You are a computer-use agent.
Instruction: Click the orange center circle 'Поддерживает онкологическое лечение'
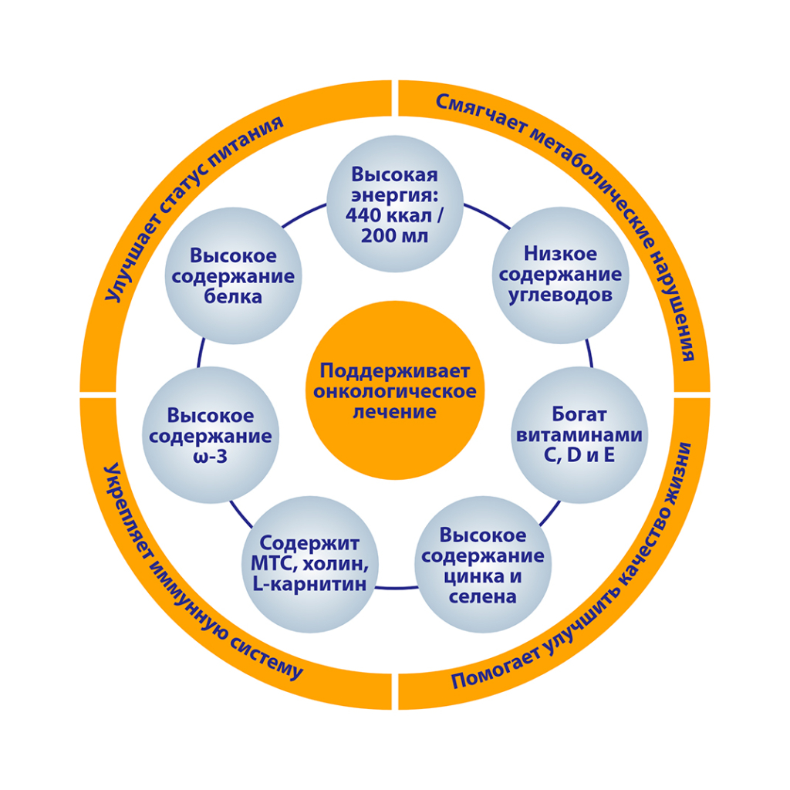tap(394, 390)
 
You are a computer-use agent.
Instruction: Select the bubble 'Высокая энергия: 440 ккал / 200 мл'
tap(394, 204)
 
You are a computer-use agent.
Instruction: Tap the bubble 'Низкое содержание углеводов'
tap(560, 275)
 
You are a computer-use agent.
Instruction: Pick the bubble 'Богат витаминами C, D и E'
tap(579, 434)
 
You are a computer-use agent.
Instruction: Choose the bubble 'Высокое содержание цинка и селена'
tap(483, 564)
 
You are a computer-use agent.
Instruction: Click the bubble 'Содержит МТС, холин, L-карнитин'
tap(310, 564)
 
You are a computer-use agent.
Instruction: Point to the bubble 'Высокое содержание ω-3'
tap(211, 435)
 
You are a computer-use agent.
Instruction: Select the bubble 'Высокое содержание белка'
tap(233, 275)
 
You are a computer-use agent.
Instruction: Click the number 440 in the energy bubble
tap(364, 216)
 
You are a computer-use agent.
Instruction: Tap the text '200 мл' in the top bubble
tap(394, 236)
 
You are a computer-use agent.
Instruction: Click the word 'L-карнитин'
tap(310, 585)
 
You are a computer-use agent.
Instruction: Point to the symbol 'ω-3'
tap(210, 457)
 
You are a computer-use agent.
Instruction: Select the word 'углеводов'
tap(560, 295)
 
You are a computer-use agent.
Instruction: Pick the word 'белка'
tap(233, 296)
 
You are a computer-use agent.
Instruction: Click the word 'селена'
tap(483, 597)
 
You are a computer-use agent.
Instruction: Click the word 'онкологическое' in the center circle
tap(395, 391)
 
